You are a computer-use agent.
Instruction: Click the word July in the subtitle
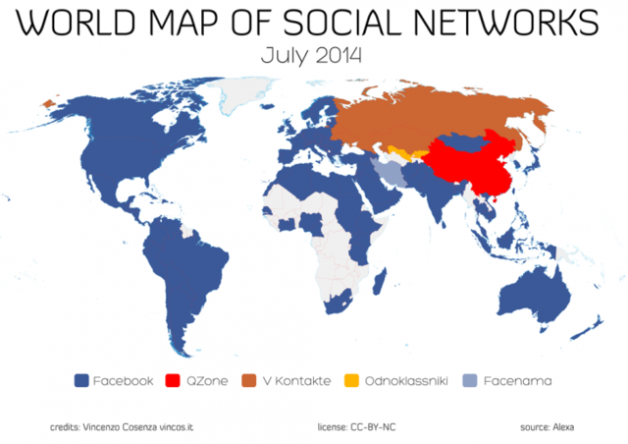[282, 55]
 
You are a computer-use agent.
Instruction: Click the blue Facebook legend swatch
[81, 380]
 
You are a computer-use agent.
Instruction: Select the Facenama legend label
[515, 380]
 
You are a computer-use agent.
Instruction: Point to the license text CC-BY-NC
[374, 427]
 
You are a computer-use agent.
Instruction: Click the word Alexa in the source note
[563, 427]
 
